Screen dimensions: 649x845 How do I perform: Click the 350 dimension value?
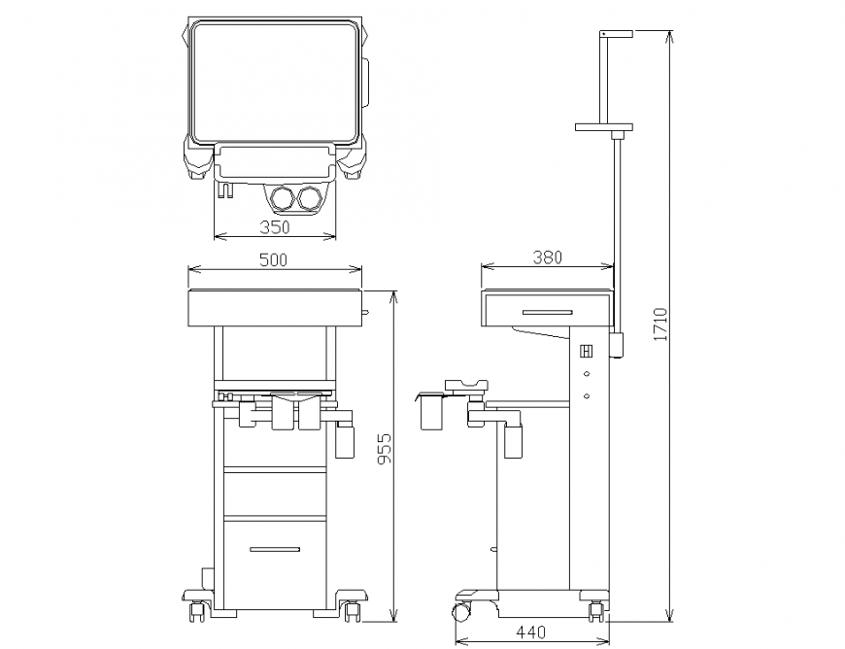[275, 227]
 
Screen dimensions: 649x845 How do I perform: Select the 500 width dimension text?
[275, 260]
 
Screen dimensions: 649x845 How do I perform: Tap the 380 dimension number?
[548, 257]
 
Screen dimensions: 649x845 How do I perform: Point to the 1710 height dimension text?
[660, 324]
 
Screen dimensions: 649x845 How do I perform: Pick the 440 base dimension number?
[530, 632]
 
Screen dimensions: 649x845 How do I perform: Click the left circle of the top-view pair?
[284, 198]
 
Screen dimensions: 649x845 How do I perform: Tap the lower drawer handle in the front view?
[275, 550]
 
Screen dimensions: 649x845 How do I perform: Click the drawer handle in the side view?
[547, 312]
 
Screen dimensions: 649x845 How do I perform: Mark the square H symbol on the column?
[587, 352]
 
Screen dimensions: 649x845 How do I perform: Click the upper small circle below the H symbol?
[587, 374]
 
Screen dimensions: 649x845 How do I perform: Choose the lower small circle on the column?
[587, 395]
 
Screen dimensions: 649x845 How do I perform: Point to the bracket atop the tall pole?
[616, 34]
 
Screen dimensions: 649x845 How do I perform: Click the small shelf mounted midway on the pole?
[604, 126]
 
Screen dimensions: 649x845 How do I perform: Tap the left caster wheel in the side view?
[460, 612]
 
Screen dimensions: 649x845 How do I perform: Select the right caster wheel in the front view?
[351, 610]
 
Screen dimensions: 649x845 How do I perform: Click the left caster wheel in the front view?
[198, 610]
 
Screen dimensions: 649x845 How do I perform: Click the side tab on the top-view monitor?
[368, 83]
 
